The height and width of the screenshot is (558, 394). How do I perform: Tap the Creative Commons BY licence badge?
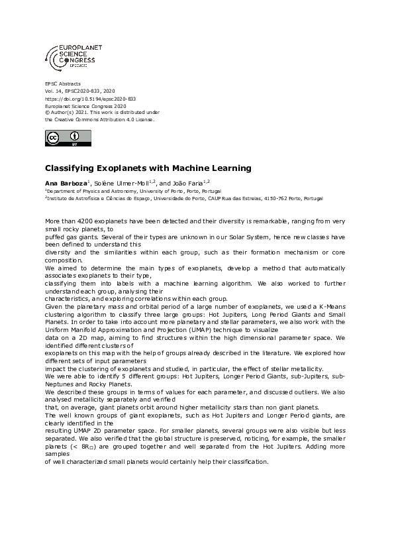pyautogui.click(x=68, y=139)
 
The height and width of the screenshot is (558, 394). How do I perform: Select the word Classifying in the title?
pyautogui.click(x=68, y=168)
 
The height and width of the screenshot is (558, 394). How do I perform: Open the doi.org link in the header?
pyautogui.click(x=90, y=99)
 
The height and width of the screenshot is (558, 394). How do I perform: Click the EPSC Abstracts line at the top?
pyautogui.click(x=62, y=84)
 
